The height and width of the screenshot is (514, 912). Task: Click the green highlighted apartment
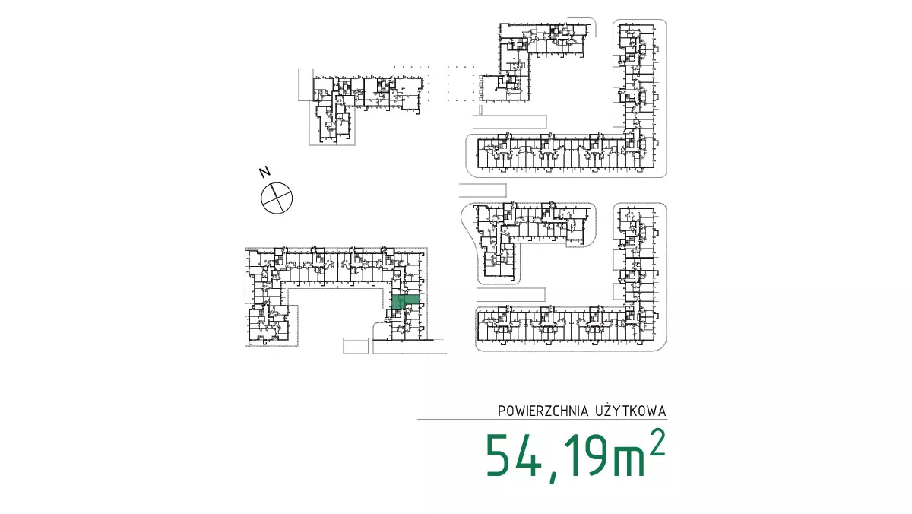[405, 302]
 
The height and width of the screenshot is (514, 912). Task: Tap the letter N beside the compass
[265, 172]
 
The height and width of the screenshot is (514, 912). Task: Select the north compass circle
[277, 198]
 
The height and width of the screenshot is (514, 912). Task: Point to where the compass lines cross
[277, 198]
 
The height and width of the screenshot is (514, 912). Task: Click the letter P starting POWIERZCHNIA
[502, 411]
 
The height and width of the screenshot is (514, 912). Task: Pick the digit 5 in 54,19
[497, 455]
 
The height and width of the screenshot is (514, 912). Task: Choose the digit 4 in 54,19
[527, 455]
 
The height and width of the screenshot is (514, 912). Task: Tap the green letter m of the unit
[629, 461]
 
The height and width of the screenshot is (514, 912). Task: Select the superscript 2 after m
[657, 442]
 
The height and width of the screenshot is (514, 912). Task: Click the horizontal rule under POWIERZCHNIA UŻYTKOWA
[542, 420]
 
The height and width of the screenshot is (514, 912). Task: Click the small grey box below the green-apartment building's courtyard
[356, 346]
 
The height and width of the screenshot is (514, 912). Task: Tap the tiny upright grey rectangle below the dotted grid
[481, 110]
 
